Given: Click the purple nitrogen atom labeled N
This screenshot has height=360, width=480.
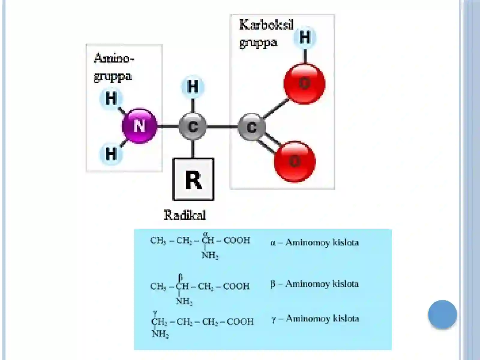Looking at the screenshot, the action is point(140,126).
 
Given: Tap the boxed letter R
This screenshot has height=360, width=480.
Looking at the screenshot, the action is point(193,179).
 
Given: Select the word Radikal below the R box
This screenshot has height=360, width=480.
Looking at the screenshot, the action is point(185,215).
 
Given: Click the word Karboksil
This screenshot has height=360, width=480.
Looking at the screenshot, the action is point(266,25).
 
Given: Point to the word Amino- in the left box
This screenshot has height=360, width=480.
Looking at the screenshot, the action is point(114,58).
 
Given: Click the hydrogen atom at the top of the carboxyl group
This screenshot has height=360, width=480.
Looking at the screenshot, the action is point(305,37).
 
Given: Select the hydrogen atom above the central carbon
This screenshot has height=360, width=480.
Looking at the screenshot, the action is point(193,87).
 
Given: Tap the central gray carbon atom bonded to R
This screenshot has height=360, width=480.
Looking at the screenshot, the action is point(193,126).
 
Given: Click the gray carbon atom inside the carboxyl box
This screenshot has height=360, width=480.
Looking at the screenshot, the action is point(251,127).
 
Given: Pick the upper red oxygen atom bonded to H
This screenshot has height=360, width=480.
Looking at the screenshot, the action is point(304,83).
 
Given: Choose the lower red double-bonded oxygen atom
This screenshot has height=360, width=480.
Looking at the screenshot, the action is point(295,162).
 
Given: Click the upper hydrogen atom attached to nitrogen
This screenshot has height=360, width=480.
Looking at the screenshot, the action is point(111,99).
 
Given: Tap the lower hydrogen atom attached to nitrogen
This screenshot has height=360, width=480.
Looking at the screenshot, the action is point(111,154).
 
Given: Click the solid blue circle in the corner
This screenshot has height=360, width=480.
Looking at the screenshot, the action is point(442,314).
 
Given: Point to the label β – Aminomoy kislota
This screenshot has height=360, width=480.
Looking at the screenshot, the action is point(314,284).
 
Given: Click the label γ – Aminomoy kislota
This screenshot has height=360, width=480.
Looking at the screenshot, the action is point(315,319).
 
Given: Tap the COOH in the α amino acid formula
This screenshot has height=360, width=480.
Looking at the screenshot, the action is point(237,240).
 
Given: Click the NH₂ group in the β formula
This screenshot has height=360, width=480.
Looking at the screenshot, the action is point(184,301).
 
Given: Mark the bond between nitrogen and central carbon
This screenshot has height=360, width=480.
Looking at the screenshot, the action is point(168,126).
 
